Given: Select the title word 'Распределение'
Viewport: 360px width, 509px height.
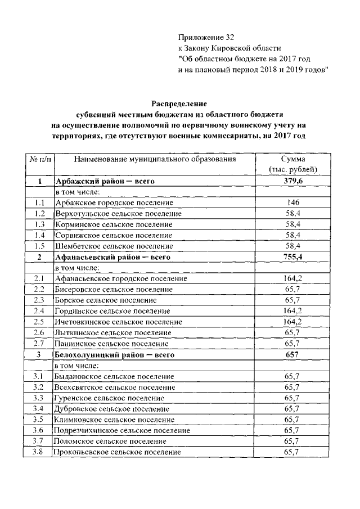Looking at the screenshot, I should tap(179, 103).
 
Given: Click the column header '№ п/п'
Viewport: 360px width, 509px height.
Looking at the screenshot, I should tap(39, 160).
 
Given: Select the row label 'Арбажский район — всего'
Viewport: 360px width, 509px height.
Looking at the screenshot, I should tap(104, 181).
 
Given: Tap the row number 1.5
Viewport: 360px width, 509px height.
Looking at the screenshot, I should tap(39, 246).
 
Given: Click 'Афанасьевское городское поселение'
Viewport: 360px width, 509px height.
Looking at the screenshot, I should tap(120, 278).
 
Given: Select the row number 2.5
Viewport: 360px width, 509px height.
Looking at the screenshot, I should tap(39, 322).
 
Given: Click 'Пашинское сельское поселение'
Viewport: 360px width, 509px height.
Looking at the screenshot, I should tap(111, 343).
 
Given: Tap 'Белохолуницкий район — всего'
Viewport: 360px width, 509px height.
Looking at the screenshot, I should tap(114, 354).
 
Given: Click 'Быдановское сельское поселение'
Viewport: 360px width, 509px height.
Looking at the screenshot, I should tap(114, 376).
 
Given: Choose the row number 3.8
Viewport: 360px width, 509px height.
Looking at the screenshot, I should tap(39, 452).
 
